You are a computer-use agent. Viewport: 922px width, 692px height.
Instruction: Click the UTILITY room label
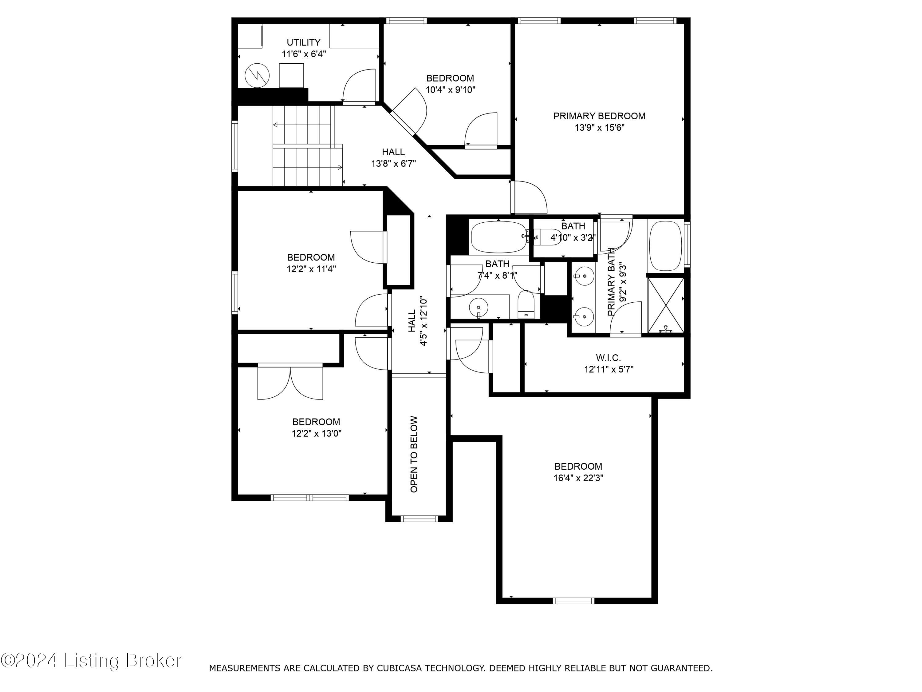pos(303,42)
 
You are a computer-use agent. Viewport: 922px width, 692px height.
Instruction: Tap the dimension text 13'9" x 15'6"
pos(599,128)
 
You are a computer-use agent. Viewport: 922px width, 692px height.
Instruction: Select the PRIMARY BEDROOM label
pos(599,116)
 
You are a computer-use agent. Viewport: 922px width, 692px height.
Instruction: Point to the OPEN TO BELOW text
pos(414,454)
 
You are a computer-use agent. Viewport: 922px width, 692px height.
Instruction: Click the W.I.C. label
pos(608,357)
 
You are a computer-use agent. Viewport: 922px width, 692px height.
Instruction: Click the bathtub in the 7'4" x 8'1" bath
pos(498,237)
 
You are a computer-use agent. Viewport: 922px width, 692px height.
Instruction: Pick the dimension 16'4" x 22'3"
pos(578,478)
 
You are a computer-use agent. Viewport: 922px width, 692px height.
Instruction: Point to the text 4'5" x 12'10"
pos(424,321)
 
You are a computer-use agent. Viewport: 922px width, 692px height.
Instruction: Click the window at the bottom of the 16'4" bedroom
pos(573,601)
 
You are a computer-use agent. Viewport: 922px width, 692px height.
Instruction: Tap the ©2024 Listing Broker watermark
pos(91,660)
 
